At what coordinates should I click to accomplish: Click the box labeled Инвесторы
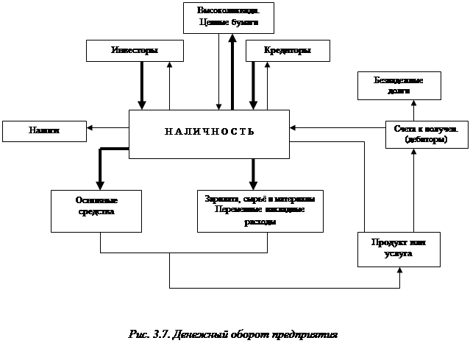(134, 50)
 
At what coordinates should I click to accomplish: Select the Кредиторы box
(287, 50)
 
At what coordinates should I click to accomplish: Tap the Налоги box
(44, 130)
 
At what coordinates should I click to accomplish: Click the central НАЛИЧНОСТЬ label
(210, 132)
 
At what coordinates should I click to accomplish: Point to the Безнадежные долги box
(399, 85)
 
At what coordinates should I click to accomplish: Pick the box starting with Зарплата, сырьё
(260, 211)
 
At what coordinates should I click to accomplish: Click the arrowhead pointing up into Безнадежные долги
(413, 103)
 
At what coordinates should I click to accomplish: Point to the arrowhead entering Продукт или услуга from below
(400, 270)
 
